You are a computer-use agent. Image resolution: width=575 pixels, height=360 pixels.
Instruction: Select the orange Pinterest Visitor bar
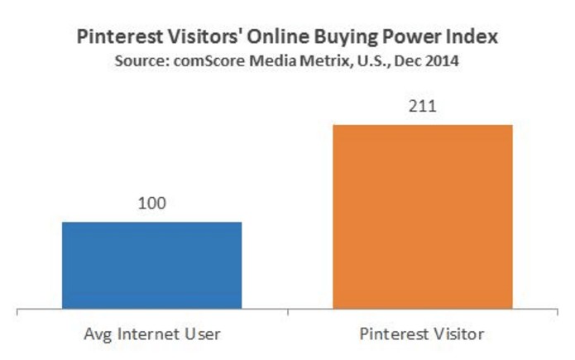pos(422,218)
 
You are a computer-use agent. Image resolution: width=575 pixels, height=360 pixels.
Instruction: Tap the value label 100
pos(152,203)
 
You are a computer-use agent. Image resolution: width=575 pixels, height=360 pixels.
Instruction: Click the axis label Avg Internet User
pos(152,336)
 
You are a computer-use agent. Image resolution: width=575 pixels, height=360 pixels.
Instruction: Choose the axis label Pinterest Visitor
pos(423,336)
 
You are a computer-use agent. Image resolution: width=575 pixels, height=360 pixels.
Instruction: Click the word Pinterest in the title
pos(115,38)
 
